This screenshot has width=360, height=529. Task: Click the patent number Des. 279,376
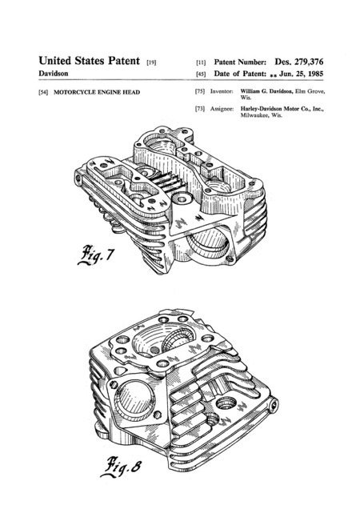click(x=299, y=62)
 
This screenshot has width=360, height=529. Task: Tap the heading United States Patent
click(x=89, y=61)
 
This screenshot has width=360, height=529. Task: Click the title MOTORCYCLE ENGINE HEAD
click(x=97, y=92)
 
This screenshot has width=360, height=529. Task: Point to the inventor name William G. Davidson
click(x=266, y=91)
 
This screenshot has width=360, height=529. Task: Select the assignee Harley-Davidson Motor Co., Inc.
click(x=282, y=109)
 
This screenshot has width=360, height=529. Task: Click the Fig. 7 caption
click(x=96, y=254)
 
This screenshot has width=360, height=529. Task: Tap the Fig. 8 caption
click(x=121, y=467)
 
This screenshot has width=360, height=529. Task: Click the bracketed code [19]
click(x=151, y=62)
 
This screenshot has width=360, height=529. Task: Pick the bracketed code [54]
click(x=43, y=92)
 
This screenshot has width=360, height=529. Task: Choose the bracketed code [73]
click(x=200, y=109)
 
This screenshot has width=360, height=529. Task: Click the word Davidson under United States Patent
click(x=54, y=73)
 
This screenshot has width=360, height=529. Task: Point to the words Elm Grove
click(x=310, y=91)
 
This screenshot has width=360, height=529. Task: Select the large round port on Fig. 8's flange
click(x=135, y=400)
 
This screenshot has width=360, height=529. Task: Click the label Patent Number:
click(x=240, y=62)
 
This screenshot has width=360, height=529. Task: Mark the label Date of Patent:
click(x=240, y=74)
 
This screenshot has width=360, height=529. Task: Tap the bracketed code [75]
click(x=200, y=91)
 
